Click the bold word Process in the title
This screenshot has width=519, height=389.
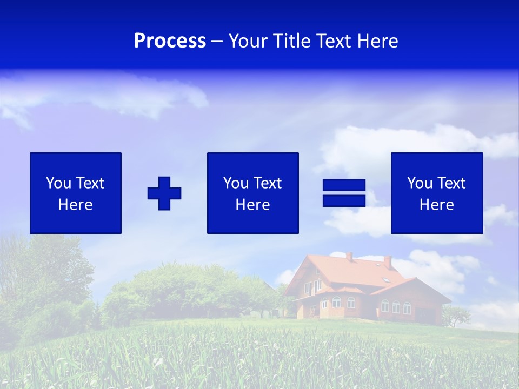170,41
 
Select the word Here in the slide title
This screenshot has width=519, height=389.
378,41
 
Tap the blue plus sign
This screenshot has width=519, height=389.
164,193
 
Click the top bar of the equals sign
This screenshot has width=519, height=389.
344,185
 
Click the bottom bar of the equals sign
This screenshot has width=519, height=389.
344,200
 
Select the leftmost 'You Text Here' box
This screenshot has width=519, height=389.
76,193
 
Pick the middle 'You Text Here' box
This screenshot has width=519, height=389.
252,193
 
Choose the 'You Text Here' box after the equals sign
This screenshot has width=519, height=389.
437,193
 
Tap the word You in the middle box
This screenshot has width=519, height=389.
236,183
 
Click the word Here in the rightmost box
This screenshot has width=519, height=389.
437,205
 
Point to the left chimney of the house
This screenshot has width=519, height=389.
349,256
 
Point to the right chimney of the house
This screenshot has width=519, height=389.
387,262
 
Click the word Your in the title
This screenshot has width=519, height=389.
248,41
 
